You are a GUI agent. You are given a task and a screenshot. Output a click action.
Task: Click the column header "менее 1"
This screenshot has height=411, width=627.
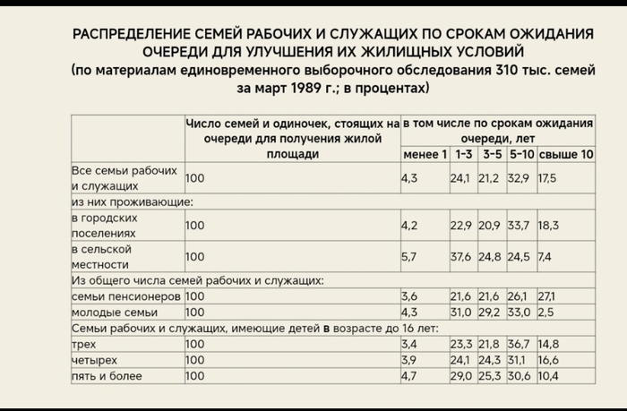click(424, 155)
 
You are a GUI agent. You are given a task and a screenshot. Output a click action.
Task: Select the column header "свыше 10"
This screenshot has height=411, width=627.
click(565, 155)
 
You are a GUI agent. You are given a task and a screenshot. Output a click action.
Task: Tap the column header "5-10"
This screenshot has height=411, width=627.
click(521, 155)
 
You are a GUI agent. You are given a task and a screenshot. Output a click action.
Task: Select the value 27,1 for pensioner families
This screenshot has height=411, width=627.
click(547, 296)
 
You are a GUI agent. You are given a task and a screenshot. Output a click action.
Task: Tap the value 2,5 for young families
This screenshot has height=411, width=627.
click(545, 313)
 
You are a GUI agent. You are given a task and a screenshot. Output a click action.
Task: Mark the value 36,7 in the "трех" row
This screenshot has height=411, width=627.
click(520, 345)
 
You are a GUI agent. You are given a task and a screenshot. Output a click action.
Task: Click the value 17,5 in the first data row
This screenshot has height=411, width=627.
click(546, 178)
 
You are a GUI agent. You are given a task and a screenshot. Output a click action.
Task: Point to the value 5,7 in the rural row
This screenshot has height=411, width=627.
click(409, 257)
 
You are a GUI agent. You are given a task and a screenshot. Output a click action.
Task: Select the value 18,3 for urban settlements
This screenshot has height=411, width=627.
click(547, 226)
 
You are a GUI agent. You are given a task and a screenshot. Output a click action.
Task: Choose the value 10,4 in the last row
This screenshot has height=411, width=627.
click(547, 377)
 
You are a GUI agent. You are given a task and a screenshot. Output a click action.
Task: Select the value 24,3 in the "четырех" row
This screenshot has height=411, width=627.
click(490, 361)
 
